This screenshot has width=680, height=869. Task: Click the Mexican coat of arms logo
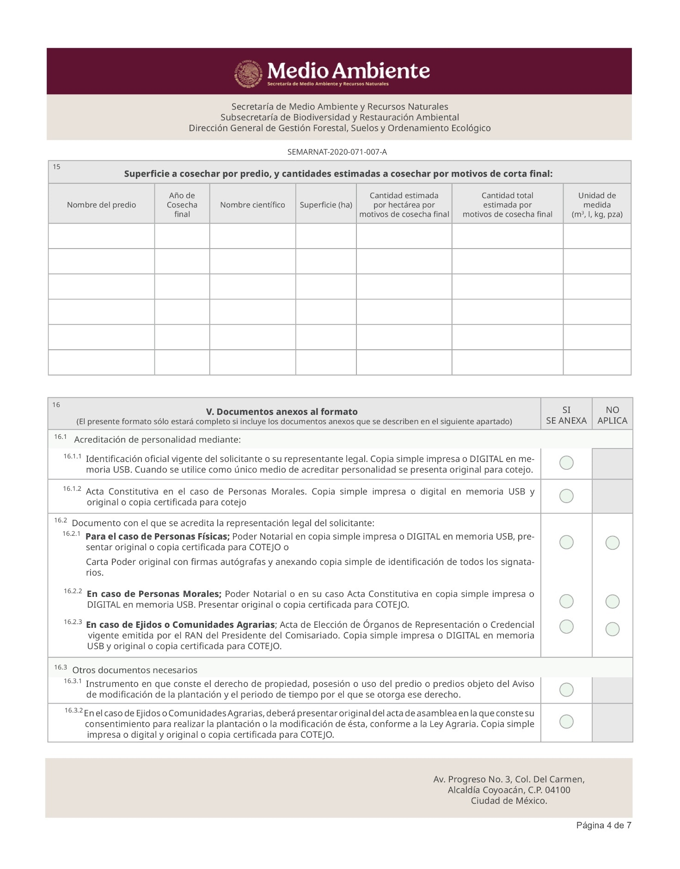pyautogui.click(x=249, y=74)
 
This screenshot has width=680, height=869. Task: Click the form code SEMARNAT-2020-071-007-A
pyautogui.click(x=337, y=152)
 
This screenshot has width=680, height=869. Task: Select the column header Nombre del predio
pyautogui.click(x=101, y=205)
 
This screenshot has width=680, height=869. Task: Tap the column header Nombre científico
pyautogui.click(x=252, y=205)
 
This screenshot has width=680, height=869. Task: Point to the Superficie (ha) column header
pyautogui.click(x=326, y=205)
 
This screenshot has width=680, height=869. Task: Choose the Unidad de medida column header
pyautogui.click(x=597, y=205)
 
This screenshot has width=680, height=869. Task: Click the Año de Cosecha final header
pyautogui.click(x=182, y=205)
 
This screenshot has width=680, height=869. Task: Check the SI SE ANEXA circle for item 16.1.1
pyautogui.click(x=566, y=462)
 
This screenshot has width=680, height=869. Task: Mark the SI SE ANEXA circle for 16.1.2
pyautogui.click(x=566, y=496)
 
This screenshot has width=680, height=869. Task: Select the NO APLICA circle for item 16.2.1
pyautogui.click(x=613, y=542)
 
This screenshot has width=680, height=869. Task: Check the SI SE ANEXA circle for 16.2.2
pyautogui.click(x=566, y=601)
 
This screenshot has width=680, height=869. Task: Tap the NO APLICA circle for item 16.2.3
pyautogui.click(x=613, y=629)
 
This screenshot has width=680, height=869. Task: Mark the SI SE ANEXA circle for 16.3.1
pyautogui.click(x=566, y=690)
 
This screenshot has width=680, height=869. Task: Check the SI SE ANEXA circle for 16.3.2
pyautogui.click(x=566, y=721)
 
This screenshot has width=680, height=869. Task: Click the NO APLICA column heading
pyautogui.click(x=612, y=415)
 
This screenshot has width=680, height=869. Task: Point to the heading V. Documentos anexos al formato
pyautogui.click(x=282, y=412)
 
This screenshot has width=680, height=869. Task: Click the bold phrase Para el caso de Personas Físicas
pyautogui.click(x=158, y=536)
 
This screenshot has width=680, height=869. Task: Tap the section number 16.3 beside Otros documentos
pyautogui.click(x=60, y=668)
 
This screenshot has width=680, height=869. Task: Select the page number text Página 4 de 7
pyautogui.click(x=603, y=826)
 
